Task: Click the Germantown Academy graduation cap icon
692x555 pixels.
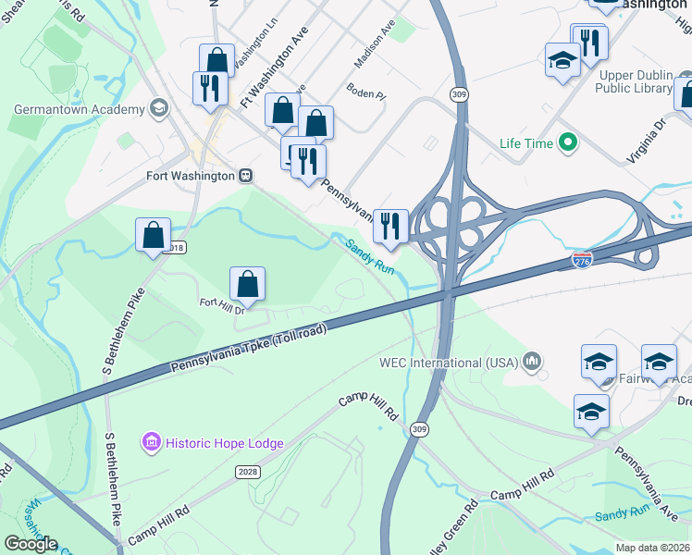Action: pos(158,109)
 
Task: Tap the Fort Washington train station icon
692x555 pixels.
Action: pos(246,175)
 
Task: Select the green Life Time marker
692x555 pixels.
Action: pos(569,143)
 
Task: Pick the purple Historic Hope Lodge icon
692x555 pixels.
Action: pos(152,443)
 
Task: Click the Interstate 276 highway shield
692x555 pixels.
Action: pos(582,260)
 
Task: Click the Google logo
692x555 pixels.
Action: pos(30,543)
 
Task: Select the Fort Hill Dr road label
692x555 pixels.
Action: pos(222,303)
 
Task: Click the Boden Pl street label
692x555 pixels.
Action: pos(365,91)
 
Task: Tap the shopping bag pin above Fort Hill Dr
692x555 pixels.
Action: pos(248,283)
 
